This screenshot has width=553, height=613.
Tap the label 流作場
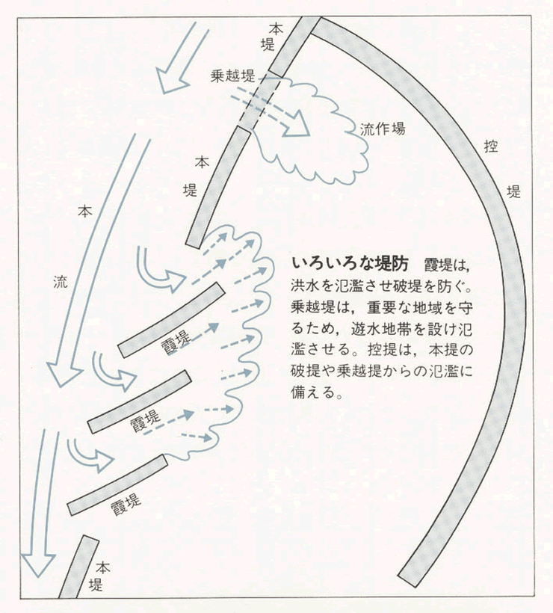click(x=383, y=128)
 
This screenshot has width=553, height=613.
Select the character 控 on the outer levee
click(x=490, y=147)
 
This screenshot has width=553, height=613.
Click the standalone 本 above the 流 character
click(x=84, y=211)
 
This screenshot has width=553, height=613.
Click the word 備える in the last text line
click(x=317, y=393)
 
